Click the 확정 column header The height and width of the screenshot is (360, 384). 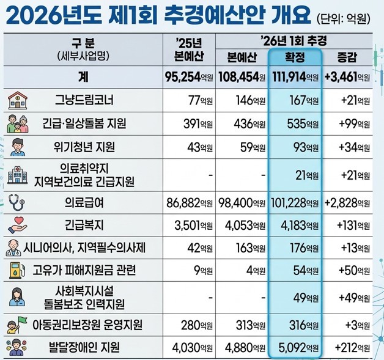pos(295,57)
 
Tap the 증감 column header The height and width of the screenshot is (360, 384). pos(347,57)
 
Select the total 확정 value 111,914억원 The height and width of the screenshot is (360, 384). pos(295,78)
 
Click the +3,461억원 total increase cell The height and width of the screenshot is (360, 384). pos(347,78)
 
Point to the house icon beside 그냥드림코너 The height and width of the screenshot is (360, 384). pos(17,100)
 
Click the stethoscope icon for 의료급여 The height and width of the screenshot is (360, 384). pos(17,202)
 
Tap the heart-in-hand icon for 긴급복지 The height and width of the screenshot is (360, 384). pos(17,225)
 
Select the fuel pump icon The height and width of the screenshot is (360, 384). pos(17,270)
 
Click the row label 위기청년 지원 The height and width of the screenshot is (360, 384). pos(84,147)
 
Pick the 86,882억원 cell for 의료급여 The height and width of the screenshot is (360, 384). pos(190,203)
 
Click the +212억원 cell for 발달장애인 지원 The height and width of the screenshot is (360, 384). pos(352,347)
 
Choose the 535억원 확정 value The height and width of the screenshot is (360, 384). pos(303,124)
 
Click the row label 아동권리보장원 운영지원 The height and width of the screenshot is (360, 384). pos(87,325)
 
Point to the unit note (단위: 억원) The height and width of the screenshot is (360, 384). pos(343,20)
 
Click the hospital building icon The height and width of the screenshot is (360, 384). pos(17,175)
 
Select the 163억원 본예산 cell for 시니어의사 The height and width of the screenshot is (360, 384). pos(251,248)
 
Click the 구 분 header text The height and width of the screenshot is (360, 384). pos(83,43)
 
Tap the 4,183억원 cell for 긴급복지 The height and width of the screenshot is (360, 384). pos(300,226)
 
